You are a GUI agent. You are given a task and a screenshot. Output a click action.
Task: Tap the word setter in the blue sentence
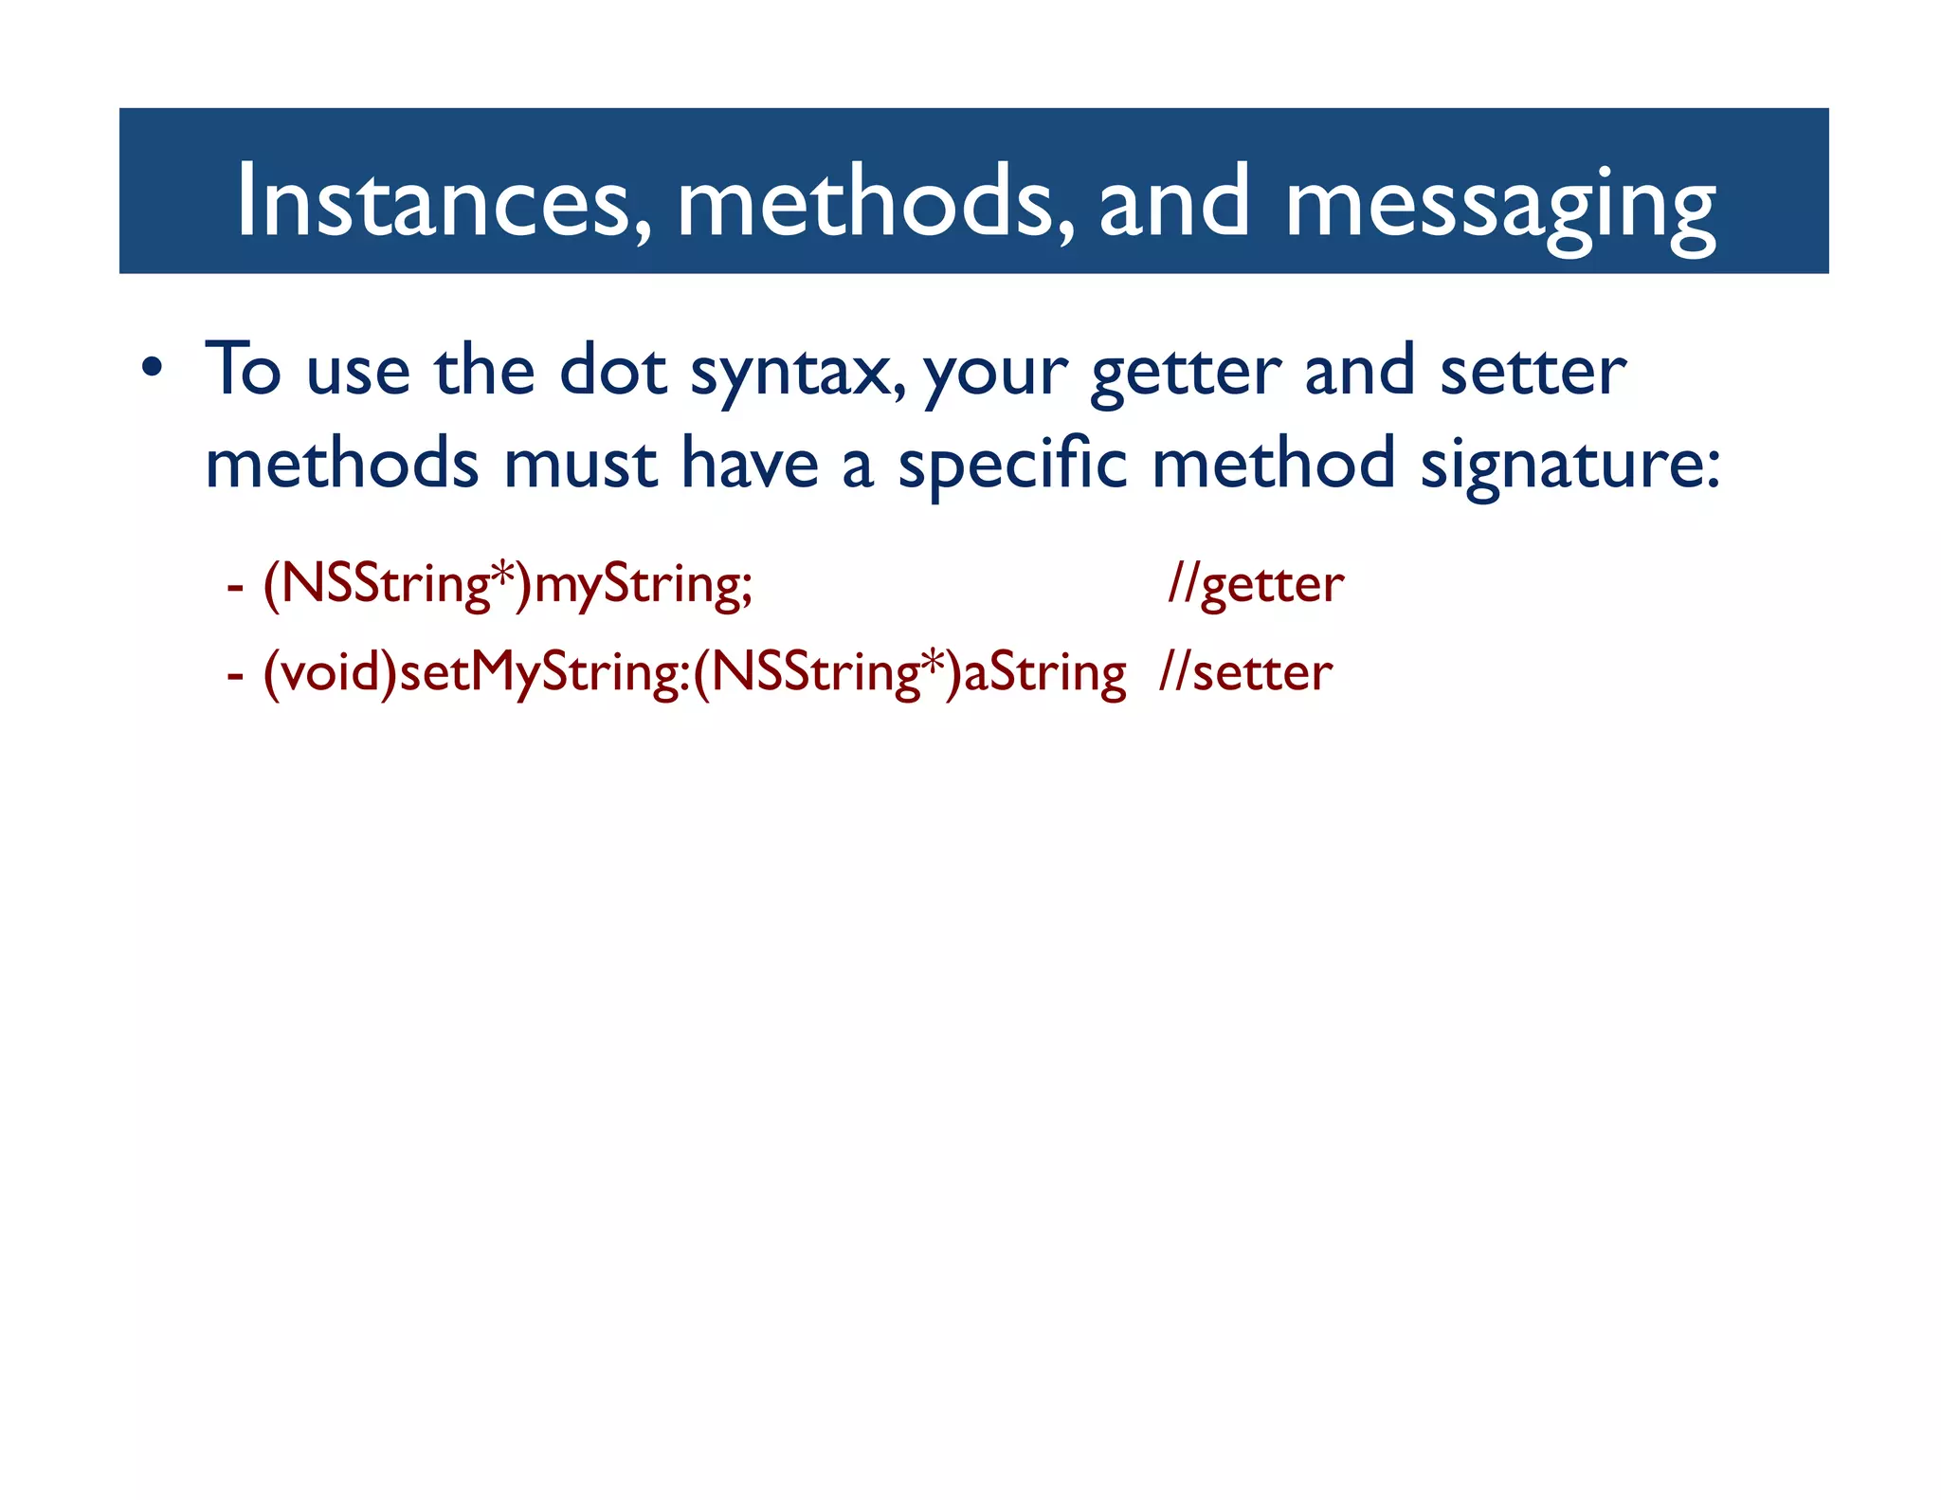point(1533,370)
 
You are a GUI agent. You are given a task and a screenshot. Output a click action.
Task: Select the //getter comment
point(1256,584)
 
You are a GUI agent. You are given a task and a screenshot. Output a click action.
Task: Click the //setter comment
point(1245,672)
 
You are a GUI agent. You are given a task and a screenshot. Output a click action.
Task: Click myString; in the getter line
point(644,584)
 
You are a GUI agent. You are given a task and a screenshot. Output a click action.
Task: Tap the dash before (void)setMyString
point(235,675)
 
